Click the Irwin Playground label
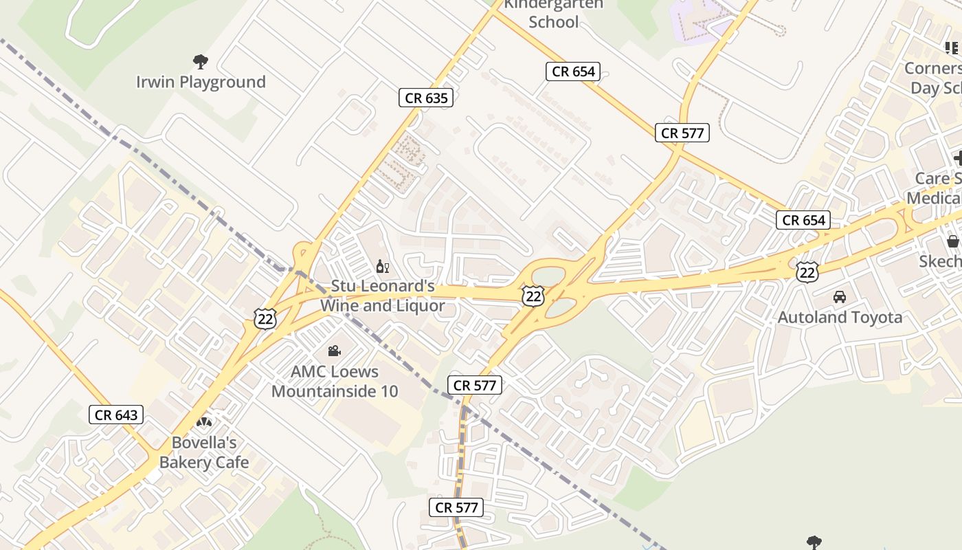click(x=201, y=82)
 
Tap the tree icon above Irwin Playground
click(x=201, y=62)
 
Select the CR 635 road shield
click(x=426, y=98)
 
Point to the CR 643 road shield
click(x=116, y=415)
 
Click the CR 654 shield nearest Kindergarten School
click(x=573, y=71)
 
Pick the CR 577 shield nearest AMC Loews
click(x=475, y=385)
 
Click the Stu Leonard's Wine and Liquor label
click(x=383, y=296)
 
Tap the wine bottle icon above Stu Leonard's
click(x=382, y=267)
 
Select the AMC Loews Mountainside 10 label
click(x=335, y=381)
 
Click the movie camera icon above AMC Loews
click(x=335, y=351)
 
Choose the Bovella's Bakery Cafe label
click(x=204, y=452)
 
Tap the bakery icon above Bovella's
click(x=204, y=421)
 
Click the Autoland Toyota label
click(x=840, y=317)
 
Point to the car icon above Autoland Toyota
click(x=839, y=297)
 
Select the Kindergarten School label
click(x=553, y=12)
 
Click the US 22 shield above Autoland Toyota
click(x=807, y=272)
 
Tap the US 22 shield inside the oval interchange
click(x=533, y=296)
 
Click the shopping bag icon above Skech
click(x=952, y=241)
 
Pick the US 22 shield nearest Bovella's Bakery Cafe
click(x=265, y=318)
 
